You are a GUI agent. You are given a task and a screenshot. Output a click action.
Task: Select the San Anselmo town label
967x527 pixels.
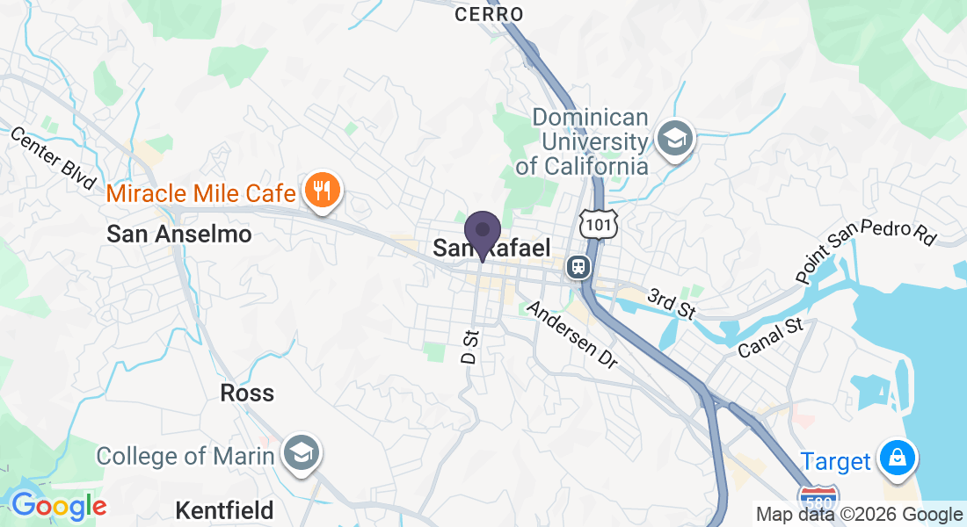[x=179, y=235]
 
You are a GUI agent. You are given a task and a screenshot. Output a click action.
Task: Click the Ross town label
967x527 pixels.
[x=247, y=393]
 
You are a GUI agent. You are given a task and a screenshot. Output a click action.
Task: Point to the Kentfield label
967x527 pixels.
[x=224, y=510]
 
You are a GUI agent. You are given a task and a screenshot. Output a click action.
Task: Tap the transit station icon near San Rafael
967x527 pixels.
[x=578, y=265]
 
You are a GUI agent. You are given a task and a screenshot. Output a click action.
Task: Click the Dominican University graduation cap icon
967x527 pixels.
[x=674, y=138]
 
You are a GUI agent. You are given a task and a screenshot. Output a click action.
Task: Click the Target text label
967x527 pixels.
[x=835, y=461]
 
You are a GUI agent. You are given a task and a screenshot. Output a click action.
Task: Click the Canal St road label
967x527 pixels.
[x=771, y=338]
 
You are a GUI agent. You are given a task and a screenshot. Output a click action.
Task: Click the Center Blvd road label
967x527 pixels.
[x=52, y=159]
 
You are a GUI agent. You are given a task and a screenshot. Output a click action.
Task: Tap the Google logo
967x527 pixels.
[x=58, y=507]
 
